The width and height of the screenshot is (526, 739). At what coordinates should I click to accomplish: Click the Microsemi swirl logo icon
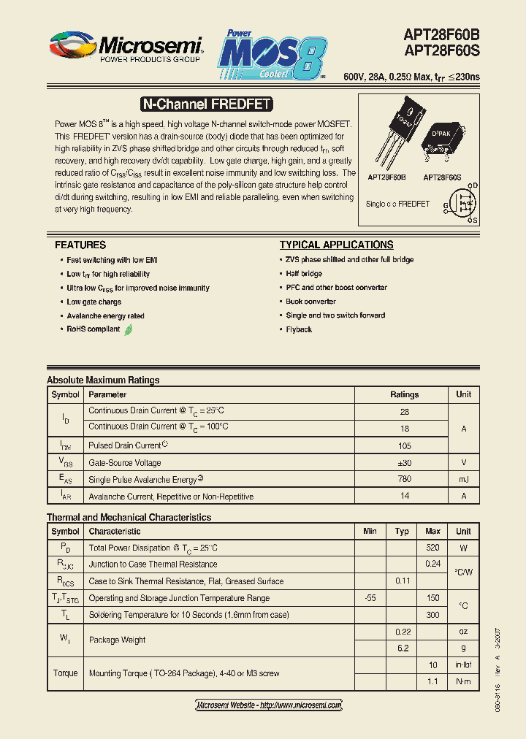pos(73,45)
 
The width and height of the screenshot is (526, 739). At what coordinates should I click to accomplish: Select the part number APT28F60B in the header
pos(441,34)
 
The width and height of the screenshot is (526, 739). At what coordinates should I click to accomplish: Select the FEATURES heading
pos(80,245)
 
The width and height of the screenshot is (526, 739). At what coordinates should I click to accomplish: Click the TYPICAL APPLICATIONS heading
pos(336,245)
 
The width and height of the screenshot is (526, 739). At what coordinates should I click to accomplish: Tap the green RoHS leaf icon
pos(129,329)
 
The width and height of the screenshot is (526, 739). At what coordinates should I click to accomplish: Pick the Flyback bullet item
pos(299,329)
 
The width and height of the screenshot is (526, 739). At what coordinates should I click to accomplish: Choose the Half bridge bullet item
pos(304,274)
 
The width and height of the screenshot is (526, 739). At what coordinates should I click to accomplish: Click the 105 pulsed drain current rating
pos(404,445)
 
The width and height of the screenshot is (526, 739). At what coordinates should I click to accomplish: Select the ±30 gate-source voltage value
pos(404,463)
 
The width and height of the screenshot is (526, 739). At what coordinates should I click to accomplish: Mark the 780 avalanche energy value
pos(404,479)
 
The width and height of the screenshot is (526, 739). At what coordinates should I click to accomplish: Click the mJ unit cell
pos(463,479)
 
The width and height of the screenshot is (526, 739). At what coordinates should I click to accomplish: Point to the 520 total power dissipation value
pos(432,548)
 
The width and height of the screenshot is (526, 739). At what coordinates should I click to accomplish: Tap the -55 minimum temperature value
pos(370,598)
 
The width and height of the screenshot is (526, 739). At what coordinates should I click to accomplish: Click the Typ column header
pos(402,531)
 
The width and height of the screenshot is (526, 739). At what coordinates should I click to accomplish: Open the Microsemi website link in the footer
pos(269,705)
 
